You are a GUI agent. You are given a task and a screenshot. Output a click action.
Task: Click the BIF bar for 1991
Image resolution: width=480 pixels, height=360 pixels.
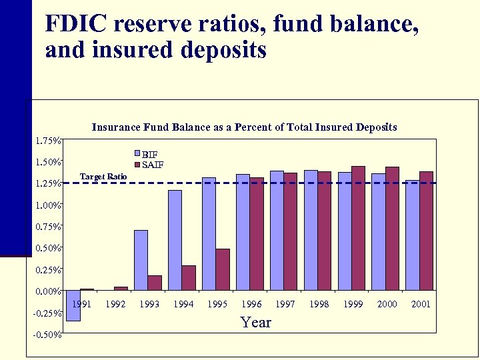tap(73, 305)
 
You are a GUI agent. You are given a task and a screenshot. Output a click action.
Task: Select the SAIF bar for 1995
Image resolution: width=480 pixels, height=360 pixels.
tap(223, 269)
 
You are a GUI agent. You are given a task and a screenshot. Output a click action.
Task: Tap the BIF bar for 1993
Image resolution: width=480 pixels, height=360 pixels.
tap(141, 260)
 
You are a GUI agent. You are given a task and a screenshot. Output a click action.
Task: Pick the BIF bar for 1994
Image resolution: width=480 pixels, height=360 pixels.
tap(175, 240)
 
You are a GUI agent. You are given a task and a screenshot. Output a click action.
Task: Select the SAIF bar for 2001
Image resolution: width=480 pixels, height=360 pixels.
tap(426, 231)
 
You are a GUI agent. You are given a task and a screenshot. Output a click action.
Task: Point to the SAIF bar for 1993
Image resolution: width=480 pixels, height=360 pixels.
tap(155, 283)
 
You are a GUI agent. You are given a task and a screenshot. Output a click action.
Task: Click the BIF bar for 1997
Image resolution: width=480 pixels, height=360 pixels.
tap(277, 231)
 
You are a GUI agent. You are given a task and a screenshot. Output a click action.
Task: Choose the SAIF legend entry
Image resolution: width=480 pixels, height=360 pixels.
tap(153, 165)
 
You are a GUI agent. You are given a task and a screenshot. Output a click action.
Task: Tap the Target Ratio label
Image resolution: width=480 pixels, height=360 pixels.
tap(103, 177)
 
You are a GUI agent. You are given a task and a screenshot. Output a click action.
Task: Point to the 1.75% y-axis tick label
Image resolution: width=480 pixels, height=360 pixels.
tap(48, 141)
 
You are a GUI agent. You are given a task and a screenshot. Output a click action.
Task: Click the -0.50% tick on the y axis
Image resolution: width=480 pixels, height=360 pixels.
tap(48, 335)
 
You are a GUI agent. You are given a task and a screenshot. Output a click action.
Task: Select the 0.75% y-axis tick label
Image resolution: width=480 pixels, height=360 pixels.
tap(48, 227)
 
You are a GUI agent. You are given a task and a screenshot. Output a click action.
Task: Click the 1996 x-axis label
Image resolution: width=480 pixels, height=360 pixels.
tap(251, 304)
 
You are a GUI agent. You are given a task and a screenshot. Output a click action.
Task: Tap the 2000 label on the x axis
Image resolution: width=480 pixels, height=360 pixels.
tap(387, 304)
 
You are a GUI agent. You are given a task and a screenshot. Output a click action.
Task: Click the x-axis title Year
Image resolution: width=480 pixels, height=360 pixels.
tap(256, 323)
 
